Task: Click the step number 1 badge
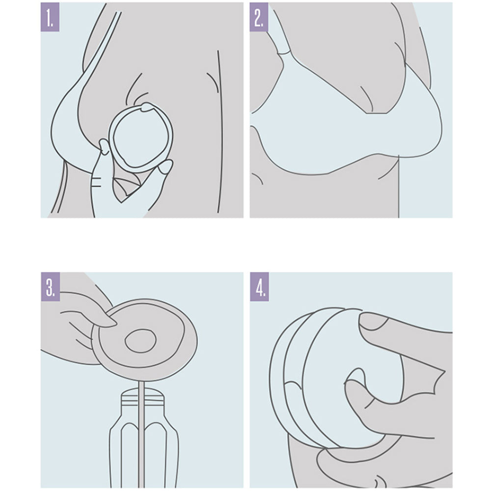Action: tap(50, 17)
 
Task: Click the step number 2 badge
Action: tap(259, 17)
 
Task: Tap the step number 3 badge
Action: tap(50, 287)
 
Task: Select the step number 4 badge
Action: tap(259, 287)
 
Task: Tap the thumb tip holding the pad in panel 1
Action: tap(105, 146)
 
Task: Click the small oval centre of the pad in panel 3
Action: tap(140, 341)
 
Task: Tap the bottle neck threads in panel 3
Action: tap(142, 397)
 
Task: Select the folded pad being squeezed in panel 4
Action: tap(335, 376)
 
